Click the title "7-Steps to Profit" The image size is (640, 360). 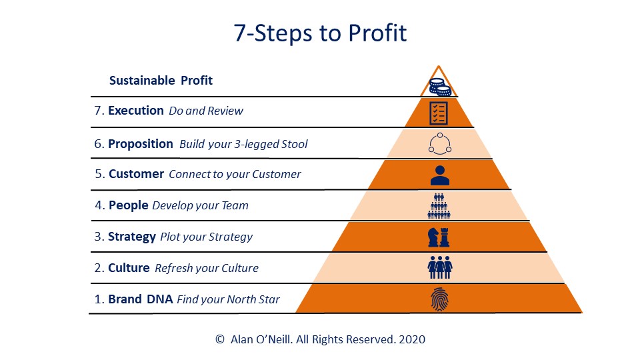(x=320, y=33)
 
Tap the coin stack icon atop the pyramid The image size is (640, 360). (x=439, y=87)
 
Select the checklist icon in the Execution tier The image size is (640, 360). (x=439, y=113)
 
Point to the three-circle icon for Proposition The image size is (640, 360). (x=439, y=144)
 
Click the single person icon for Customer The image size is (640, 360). (x=439, y=175)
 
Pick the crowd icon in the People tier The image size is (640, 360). (x=439, y=206)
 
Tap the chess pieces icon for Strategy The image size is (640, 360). (x=439, y=237)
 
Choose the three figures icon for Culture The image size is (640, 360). (x=439, y=267)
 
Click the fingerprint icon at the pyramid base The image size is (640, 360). (x=439, y=299)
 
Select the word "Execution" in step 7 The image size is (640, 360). (x=135, y=111)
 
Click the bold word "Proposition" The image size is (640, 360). (x=141, y=144)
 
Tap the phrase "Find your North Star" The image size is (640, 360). (x=228, y=299)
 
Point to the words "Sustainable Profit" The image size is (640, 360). (x=161, y=81)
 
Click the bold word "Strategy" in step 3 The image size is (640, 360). (x=132, y=237)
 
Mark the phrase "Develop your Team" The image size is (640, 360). (x=200, y=205)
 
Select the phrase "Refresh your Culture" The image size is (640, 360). (x=207, y=268)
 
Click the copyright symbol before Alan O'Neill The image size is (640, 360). (x=219, y=339)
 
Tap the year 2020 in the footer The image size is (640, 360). (x=412, y=339)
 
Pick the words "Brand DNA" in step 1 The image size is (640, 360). (x=141, y=299)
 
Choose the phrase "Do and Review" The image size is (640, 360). (x=206, y=111)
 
